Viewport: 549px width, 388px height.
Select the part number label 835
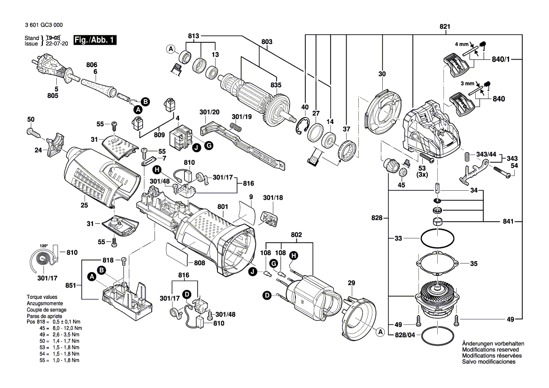(x=276, y=85)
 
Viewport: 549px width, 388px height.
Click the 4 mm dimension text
(x=462, y=44)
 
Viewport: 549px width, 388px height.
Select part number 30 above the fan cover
(x=382, y=74)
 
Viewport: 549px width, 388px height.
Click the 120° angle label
(x=44, y=246)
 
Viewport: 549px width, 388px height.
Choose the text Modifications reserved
(x=490, y=350)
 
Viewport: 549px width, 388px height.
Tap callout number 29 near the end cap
(x=351, y=283)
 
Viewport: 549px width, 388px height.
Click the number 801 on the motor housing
(x=223, y=206)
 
